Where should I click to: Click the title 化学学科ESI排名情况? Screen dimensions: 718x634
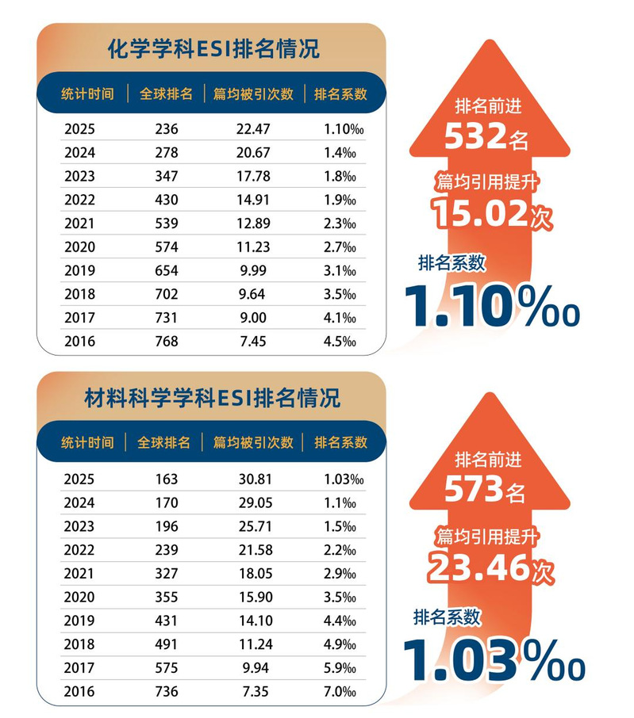213,49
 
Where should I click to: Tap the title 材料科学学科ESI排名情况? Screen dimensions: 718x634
212,397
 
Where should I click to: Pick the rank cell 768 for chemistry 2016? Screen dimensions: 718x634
167,342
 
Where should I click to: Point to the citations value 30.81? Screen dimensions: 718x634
254,479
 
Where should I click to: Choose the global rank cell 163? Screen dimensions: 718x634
167,479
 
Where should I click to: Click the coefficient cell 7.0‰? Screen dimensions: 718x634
340,692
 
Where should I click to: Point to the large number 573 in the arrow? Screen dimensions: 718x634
474,489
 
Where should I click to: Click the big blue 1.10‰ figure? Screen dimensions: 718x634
492,306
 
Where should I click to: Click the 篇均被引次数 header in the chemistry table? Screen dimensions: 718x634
254,94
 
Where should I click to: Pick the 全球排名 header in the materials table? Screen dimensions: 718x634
165,442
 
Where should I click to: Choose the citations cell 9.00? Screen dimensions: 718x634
254,319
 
